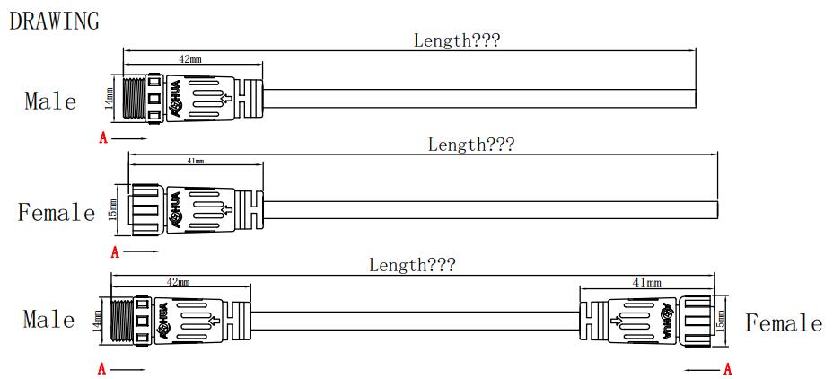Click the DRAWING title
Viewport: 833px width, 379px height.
tap(54, 21)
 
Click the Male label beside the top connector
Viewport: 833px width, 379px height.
tap(50, 101)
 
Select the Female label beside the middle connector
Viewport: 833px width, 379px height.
tap(57, 213)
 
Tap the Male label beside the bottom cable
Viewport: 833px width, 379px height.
tap(48, 319)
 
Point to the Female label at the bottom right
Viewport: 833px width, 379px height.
tap(784, 323)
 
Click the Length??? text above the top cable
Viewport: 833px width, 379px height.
tap(456, 40)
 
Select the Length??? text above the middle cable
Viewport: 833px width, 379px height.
tap(470, 145)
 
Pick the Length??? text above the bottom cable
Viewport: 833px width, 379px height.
tap(412, 265)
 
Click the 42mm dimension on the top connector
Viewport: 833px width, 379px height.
tap(189, 58)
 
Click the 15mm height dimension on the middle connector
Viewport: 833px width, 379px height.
tap(113, 209)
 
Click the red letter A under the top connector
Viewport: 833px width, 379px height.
tap(103, 138)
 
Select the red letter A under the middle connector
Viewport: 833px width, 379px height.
tap(115, 252)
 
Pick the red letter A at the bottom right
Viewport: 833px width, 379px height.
tap(727, 369)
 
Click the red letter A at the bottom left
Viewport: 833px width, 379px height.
tap(102, 369)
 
